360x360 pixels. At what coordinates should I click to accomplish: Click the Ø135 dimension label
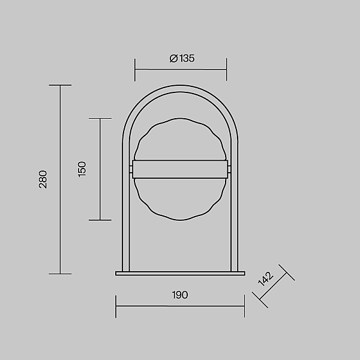(x=182, y=58)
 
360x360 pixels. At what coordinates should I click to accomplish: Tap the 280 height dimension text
(x=43, y=179)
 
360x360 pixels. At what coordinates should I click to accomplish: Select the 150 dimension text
(x=82, y=169)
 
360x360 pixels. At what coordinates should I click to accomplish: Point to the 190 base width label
(x=180, y=295)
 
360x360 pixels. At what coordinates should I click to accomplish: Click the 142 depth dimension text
(x=266, y=279)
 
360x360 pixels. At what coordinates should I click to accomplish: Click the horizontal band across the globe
(x=180, y=169)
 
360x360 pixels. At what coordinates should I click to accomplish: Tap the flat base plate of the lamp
(x=180, y=273)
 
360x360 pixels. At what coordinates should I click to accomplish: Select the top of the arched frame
(x=180, y=88)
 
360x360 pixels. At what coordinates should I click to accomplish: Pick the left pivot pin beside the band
(x=131, y=169)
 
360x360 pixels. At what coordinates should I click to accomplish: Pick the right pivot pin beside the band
(x=229, y=169)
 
